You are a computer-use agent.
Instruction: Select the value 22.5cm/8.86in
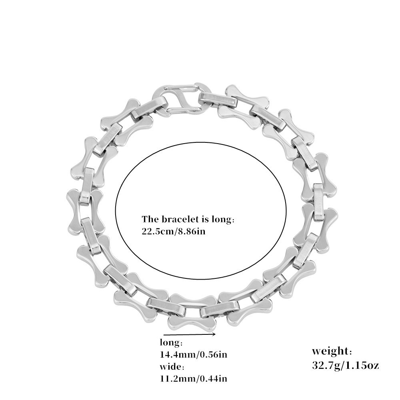[x=174, y=231]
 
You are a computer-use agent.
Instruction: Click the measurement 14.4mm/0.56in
[x=194, y=354]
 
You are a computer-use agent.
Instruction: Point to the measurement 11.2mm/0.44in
[x=194, y=378]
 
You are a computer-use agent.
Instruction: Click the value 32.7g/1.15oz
[x=346, y=365]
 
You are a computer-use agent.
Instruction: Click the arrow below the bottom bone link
[x=190, y=334]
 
